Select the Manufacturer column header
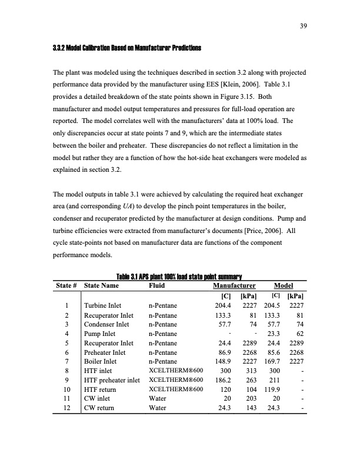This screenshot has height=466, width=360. (x=226, y=285)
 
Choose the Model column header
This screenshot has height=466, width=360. (x=284, y=285)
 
